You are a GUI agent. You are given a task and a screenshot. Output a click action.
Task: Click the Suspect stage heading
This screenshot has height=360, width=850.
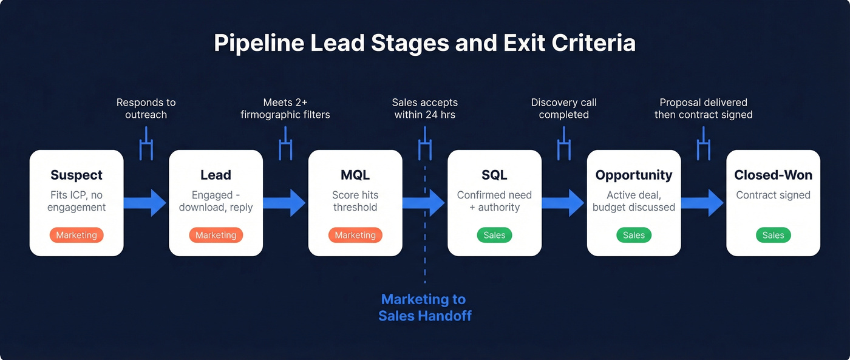click(76, 175)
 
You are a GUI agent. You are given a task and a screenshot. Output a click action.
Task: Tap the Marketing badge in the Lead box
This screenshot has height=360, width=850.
click(216, 235)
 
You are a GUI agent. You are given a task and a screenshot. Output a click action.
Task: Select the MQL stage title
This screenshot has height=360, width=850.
click(355, 175)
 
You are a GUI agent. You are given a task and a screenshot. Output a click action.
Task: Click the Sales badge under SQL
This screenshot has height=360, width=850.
click(494, 235)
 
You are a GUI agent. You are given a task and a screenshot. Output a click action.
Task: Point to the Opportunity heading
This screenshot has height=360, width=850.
click(634, 175)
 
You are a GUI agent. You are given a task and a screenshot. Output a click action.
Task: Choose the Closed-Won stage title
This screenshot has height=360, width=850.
click(773, 175)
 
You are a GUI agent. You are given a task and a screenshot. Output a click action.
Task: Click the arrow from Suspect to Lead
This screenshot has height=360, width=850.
click(146, 203)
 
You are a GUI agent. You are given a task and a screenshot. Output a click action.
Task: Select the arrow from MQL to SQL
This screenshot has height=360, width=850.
click(424, 203)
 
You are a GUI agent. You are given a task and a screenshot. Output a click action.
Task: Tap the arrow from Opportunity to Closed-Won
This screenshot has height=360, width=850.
click(703, 203)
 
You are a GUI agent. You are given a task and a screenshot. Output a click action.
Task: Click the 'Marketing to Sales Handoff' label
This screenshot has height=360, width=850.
click(424, 307)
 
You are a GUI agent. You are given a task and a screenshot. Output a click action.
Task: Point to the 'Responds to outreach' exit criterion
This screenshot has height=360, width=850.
click(146, 109)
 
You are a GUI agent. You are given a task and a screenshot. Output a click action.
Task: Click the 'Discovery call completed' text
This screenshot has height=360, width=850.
click(563, 109)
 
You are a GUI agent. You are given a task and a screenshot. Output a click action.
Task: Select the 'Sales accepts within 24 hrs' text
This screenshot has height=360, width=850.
click(424, 109)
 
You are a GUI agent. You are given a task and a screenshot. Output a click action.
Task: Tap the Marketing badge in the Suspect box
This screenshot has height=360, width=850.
click(76, 235)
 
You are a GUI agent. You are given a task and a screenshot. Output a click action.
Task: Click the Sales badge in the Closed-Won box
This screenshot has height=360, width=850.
click(773, 235)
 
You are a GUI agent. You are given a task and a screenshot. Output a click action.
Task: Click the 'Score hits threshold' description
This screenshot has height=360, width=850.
click(355, 201)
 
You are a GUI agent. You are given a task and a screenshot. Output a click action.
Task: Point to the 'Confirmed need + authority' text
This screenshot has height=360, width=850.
click(494, 201)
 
